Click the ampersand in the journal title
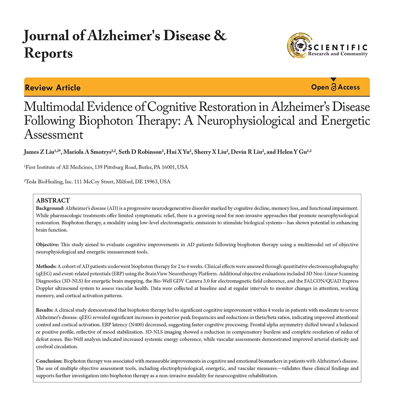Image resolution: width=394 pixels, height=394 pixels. tap(220, 36)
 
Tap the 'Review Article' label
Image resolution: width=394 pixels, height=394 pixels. tap(53, 88)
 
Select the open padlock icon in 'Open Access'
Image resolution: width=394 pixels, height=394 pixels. tap(333, 87)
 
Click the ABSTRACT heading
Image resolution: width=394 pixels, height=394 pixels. tap(53, 200)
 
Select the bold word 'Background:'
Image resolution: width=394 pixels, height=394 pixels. tap(50, 208)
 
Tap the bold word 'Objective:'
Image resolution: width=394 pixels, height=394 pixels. tap(47, 244)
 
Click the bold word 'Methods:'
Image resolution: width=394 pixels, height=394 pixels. tap(46, 266)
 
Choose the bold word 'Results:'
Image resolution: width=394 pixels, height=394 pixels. tap(45, 310)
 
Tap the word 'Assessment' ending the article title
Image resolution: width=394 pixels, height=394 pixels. tap(54, 135)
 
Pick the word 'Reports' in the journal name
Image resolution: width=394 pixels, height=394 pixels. tap(48, 53)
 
